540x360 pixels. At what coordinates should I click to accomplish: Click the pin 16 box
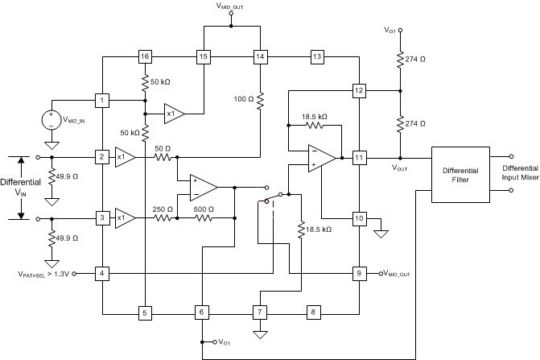click(x=144, y=56)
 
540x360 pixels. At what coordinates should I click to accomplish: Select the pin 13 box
click(x=317, y=56)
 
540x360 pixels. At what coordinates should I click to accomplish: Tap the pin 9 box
click(x=358, y=274)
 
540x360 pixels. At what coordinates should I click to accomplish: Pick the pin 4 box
click(x=102, y=274)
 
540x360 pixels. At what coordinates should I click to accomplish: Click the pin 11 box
click(x=358, y=157)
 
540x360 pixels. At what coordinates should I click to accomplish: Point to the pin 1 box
click(x=102, y=101)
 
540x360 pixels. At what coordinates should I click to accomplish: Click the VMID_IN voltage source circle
click(x=50, y=120)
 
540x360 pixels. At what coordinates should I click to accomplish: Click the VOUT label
click(x=400, y=169)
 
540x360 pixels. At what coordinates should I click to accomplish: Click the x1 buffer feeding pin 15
click(x=173, y=114)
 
